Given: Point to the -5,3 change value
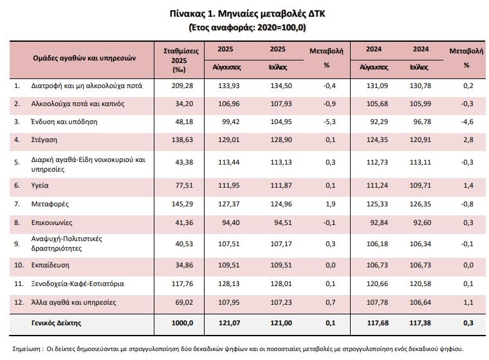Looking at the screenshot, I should click(326, 121).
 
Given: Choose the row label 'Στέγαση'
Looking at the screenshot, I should click(46, 139).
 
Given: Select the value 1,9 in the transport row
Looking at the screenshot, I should click(326, 204).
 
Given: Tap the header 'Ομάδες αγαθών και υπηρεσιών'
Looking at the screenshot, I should click(84, 57).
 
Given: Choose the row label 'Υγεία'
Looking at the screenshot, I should click(41, 185).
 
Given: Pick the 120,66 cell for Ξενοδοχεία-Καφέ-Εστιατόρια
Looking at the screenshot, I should click(373, 283).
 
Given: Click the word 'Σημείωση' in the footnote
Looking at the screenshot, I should click(26, 348).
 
